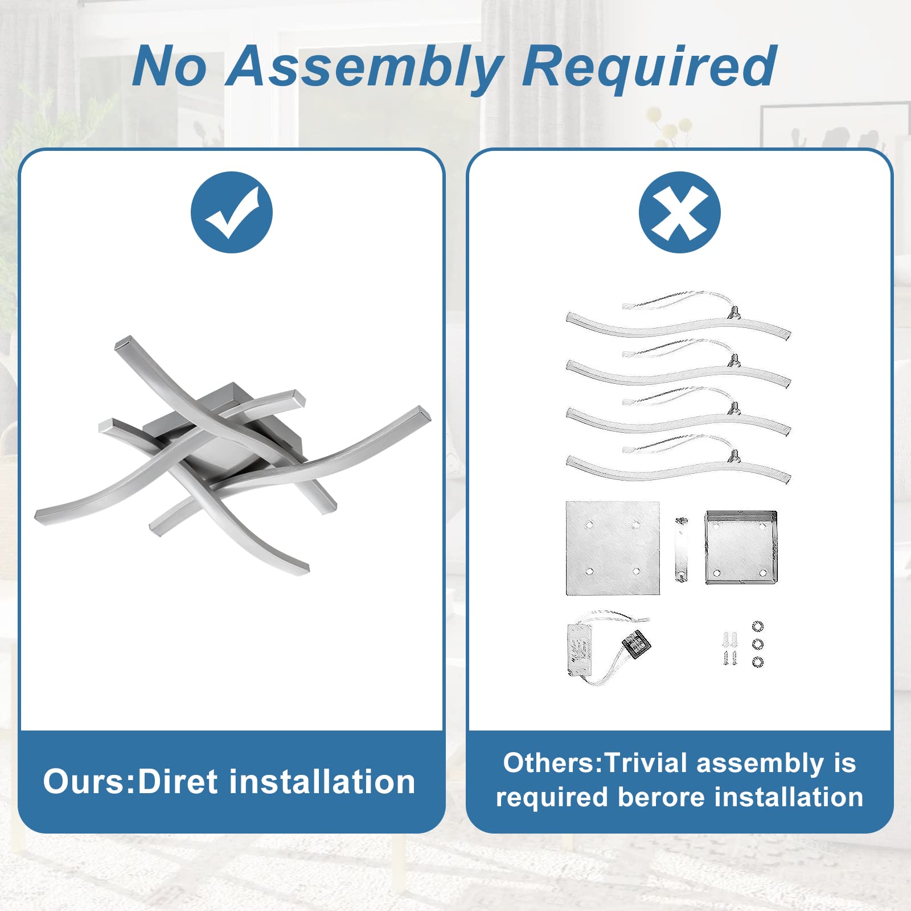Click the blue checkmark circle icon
(232, 212)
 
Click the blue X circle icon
(680, 212)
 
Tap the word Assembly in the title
(365, 68)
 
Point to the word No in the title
(169, 67)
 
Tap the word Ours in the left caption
(85, 781)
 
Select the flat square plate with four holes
(613, 548)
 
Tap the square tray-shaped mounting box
(741, 547)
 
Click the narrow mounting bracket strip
(682, 549)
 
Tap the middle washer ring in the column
(757, 644)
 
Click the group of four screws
(730, 648)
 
